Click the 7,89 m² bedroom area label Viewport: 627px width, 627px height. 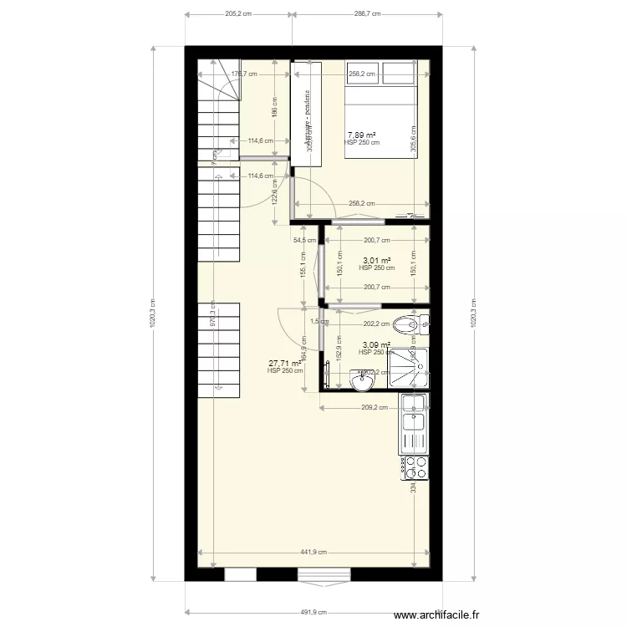coord(361,135)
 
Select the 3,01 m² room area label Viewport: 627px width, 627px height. coord(375,261)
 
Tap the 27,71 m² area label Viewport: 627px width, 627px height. coord(284,364)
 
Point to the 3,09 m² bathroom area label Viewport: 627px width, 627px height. coord(375,344)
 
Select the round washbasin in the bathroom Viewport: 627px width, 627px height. coord(363,382)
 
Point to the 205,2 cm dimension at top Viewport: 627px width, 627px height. coord(238,14)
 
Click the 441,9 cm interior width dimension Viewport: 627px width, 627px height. coord(313,552)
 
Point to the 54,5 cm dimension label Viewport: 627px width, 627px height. coord(304,240)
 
